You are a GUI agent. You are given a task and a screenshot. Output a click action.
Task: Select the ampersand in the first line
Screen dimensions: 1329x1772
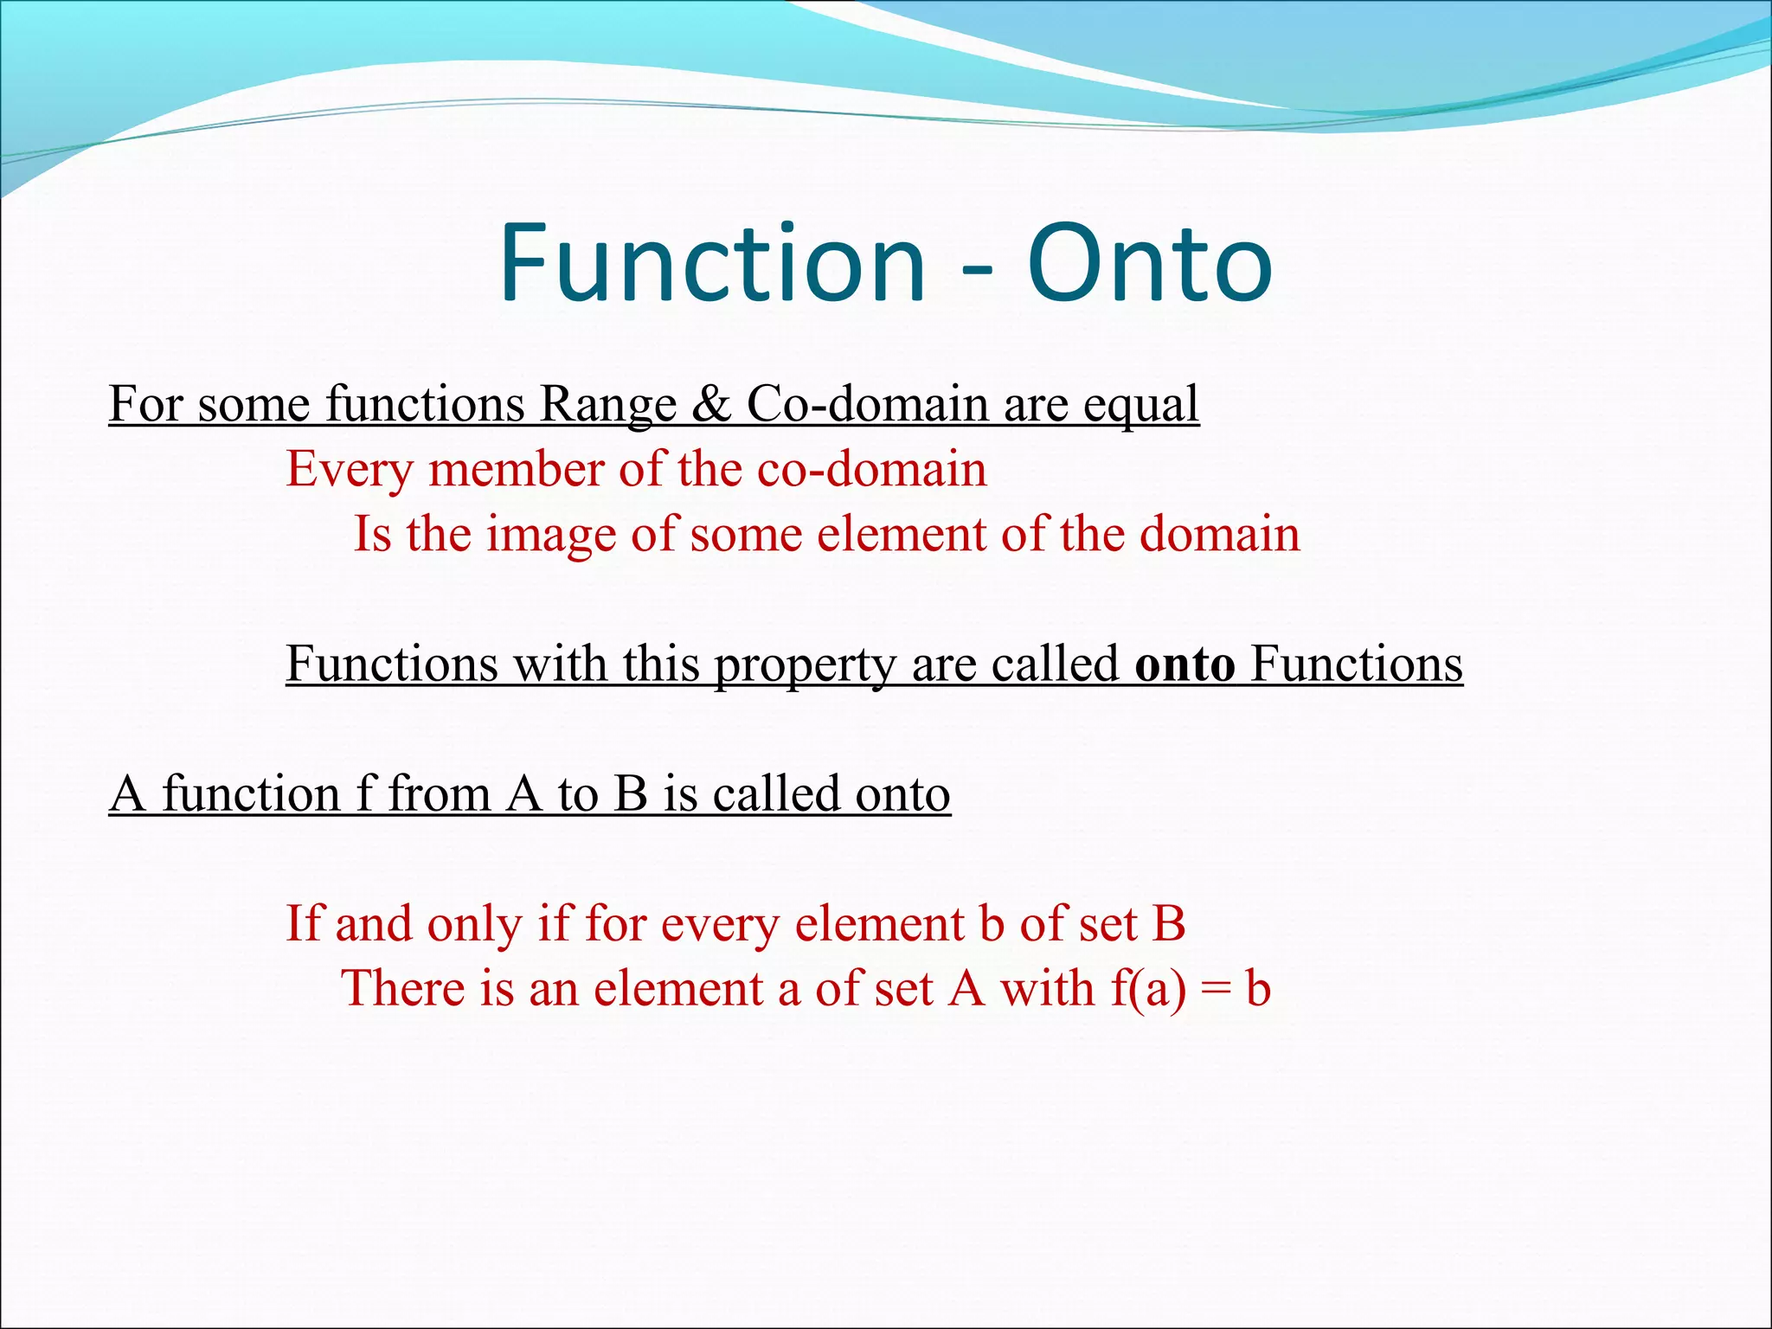tap(711, 404)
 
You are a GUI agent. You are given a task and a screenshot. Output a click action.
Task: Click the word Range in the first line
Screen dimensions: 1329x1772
tap(607, 404)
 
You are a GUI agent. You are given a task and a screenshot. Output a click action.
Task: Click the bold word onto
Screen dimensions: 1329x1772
tap(1185, 664)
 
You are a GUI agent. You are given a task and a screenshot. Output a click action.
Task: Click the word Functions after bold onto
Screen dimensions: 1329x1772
tap(1356, 664)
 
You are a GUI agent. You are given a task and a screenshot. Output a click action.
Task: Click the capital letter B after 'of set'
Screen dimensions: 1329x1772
tap(1168, 924)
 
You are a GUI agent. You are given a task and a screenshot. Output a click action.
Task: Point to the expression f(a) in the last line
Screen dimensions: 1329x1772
tap(1148, 989)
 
